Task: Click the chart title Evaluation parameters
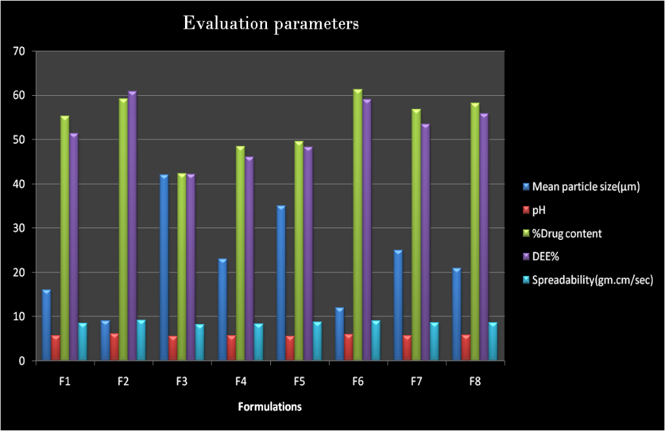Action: click(271, 24)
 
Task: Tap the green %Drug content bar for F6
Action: click(358, 225)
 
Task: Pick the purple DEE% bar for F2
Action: click(132, 226)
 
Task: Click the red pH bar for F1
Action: click(55, 348)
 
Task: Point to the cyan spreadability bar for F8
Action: click(493, 341)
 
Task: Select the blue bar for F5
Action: click(281, 283)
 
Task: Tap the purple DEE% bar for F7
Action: click(425, 242)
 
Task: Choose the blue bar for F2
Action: click(106, 340)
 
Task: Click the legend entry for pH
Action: click(539, 210)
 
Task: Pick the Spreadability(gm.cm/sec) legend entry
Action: click(592, 280)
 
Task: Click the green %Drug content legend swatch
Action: click(526, 233)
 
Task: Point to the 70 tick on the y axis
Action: click(19, 51)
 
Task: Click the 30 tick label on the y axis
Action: click(19, 228)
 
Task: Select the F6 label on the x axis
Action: click(358, 381)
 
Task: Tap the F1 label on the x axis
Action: click(64, 381)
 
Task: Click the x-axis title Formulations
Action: click(270, 407)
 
